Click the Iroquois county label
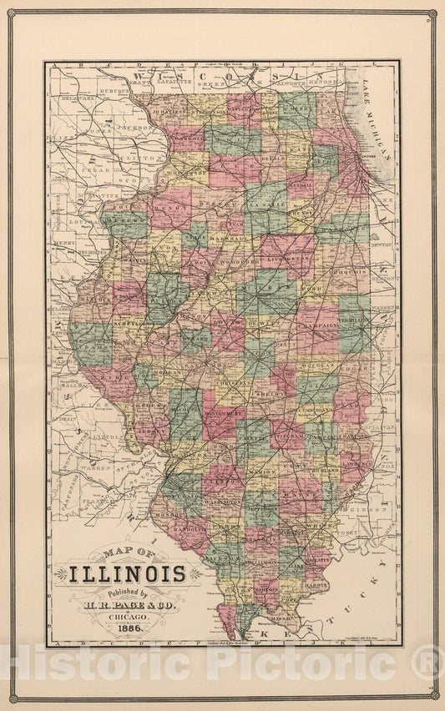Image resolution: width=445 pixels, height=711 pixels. click(x=351, y=271)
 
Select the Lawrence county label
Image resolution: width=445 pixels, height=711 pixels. click(x=354, y=457)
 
